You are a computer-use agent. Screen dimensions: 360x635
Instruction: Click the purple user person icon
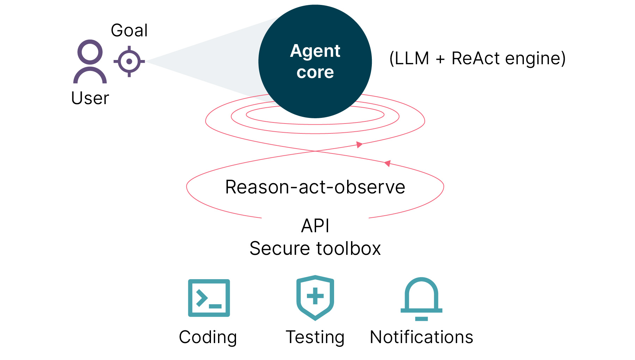90,61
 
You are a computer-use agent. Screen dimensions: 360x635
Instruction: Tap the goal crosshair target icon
129,61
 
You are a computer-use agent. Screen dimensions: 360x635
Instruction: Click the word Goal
129,30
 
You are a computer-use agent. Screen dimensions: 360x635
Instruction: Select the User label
90,98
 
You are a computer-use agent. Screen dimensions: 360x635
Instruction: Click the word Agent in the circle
315,51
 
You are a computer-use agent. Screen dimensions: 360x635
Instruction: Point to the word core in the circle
315,72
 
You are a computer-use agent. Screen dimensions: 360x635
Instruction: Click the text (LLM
409,58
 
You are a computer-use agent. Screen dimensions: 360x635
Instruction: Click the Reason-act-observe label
315,187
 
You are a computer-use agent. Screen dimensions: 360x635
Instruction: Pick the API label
315,226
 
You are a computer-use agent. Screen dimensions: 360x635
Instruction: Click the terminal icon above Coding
209,298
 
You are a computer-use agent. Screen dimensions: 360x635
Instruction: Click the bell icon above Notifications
421,299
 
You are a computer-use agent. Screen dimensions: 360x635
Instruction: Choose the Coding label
208,337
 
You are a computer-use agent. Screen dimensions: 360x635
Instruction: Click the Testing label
315,337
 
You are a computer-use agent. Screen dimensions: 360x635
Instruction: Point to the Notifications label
421,337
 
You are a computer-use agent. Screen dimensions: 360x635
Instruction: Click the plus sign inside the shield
315,296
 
